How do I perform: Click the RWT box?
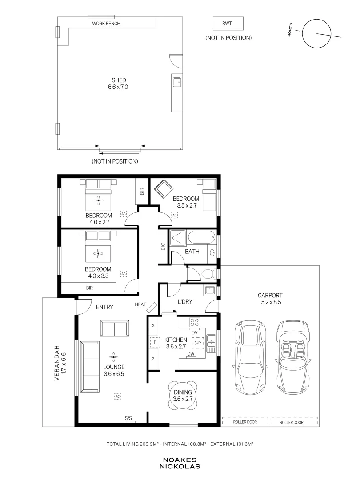click(x=228, y=24)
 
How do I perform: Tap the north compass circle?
click(x=317, y=19)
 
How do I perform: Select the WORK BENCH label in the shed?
click(x=106, y=24)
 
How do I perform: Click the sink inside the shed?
click(x=176, y=82)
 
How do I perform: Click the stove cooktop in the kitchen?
click(x=195, y=323)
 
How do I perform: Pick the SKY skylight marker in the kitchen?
click(x=198, y=343)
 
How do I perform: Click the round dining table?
click(x=183, y=396)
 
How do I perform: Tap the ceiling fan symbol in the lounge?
click(x=113, y=357)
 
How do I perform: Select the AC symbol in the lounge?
click(x=117, y=396)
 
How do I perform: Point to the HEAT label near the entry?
click(x=140, y=304)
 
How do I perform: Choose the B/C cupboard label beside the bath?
click(x=163, y=246)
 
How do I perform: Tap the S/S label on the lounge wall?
click(x=128, y=419)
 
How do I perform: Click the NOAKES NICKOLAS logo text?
click(x=180, y=464)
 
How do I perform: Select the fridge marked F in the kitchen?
click(x=155, y=342)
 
